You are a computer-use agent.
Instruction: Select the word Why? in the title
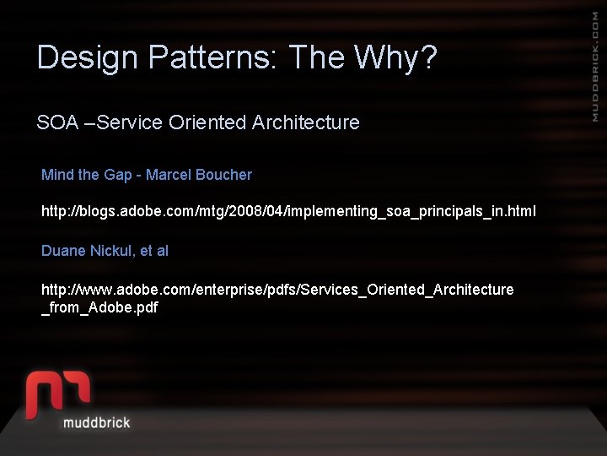point(395,57)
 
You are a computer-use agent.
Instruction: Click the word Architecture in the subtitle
point(305,122)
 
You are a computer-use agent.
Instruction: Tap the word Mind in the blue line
point(57,175)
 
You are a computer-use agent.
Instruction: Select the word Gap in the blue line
point(118,175)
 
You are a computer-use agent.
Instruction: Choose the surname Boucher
point(223,175)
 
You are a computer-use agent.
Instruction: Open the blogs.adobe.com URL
point(288,210)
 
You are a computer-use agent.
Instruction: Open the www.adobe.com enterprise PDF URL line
point(277,290)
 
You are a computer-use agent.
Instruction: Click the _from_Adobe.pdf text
point(99,307)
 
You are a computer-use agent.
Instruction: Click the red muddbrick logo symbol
point(57,394)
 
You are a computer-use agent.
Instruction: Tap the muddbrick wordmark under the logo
point(96,421)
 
